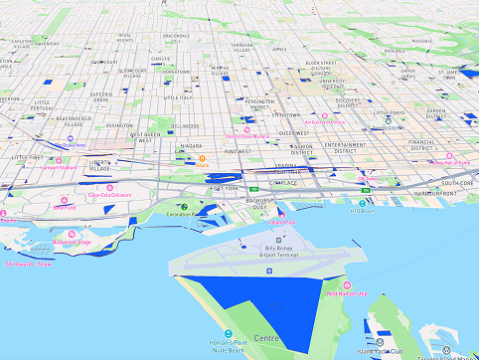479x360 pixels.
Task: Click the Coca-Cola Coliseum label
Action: (109, 195)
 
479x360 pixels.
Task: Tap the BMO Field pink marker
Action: (59, 201)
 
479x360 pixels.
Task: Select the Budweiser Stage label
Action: (72, 242)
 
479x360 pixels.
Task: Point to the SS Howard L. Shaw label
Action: (30, 264)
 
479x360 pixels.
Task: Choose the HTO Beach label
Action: (363, 211)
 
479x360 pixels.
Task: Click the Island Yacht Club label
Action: (383, 351)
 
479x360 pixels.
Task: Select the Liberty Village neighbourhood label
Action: (101, 165)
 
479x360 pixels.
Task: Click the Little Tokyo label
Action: (389, 113)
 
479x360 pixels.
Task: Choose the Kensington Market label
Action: (260, 104)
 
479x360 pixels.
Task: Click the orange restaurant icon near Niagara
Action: (203, 158)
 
